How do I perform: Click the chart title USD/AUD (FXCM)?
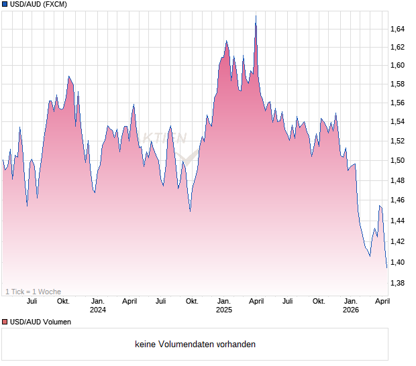39,5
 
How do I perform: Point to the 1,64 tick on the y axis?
398,29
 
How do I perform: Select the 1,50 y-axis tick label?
398,161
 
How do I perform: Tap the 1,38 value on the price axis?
398,284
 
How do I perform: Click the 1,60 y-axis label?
398,66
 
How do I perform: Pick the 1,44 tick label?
398,221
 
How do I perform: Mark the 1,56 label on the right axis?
398,103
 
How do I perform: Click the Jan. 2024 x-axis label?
98,305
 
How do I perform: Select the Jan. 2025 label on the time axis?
224,305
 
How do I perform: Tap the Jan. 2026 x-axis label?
350,305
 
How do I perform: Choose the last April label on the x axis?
382,301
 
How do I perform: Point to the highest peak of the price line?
256,16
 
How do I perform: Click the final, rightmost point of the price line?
386,267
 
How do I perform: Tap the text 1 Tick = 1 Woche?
34,292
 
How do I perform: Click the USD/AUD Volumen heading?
40,322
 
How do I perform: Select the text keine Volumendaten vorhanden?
195,345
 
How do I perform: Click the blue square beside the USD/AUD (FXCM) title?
5,5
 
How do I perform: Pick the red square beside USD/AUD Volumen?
5,322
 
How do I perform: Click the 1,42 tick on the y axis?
398,242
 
